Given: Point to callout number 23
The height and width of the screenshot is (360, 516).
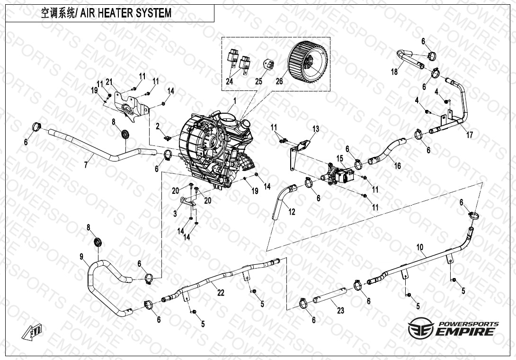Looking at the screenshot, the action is (x=340, y=310).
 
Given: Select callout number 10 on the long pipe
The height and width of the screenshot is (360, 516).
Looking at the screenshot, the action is (x=419, y=247).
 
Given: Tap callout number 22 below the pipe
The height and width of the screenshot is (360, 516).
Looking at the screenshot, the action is (x=221, y=292).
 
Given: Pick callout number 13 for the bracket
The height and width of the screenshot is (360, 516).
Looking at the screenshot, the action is (x=316, y=128).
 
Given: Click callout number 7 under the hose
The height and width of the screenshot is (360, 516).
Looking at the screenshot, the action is (x=86, y=164).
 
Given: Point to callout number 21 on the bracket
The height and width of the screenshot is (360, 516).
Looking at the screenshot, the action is (x=109, y=82).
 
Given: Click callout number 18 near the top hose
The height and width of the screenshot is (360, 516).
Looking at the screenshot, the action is (x=394, y=71).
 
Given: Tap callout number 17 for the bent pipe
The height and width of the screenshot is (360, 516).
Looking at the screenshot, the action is (x=470, y=135).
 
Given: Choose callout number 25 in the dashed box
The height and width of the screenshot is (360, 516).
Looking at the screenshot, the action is (x=258, y=81).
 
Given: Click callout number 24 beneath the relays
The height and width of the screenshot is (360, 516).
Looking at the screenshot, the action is (x=230, y=81).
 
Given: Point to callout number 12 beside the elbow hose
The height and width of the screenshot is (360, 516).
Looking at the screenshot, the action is (x=292, y=212).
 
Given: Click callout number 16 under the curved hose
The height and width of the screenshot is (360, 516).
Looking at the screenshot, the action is (x=398, y=165).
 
